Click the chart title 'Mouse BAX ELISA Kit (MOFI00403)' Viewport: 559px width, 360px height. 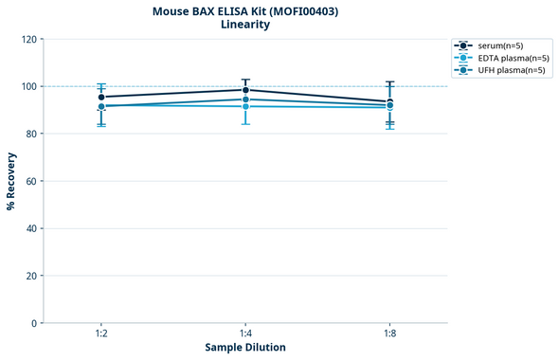point(244,11)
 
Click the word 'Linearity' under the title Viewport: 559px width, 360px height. point(244,26)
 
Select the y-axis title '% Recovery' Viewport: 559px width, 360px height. point(11,180)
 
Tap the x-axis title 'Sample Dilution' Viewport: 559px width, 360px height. point(244,348)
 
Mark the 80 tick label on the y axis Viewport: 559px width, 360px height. point(30,134)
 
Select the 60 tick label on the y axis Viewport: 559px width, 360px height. point(30,181)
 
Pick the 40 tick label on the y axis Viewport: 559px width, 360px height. point(30,228)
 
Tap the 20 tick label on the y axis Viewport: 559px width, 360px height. point(30,276)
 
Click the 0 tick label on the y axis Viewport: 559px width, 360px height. point(33,323)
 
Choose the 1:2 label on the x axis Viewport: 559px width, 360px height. point(101,334)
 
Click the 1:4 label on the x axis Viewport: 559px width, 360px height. point(245,334)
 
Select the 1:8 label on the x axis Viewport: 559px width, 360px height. point(389,334)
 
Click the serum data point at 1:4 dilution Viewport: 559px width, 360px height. point(245,90)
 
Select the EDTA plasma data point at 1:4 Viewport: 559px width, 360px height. point(245,106)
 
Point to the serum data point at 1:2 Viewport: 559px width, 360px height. point(101,97)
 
